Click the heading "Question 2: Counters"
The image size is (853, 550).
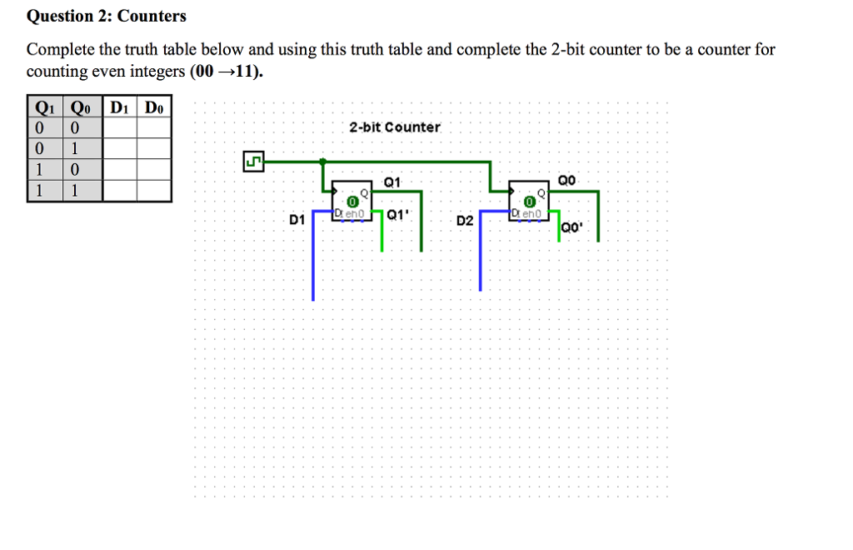(x=107, y=16)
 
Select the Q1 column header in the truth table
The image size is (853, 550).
(x=46, y=107)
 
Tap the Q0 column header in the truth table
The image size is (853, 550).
(x=82, y=107)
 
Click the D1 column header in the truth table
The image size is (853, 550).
(x=120, y=107)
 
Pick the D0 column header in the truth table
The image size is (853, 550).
(x=154, y=107)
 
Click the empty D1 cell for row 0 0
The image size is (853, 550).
(x=120, y=128)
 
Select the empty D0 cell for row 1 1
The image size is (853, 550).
(x=154, y=191)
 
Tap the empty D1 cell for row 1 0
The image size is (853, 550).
(x=120, y=170)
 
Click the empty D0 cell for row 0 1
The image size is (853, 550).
(x=154, y=149)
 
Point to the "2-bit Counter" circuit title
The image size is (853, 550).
(x=395, y=127)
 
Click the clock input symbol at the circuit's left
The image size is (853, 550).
(x=253, y=161)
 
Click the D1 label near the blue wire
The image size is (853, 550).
(x=297, y=220)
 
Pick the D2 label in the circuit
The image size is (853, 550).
(x=465, y=221)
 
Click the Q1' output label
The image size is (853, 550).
(x=397, y=214)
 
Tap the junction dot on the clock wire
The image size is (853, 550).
(x=323, y=161)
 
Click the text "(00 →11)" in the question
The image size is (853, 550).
(x=226, y=72)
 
